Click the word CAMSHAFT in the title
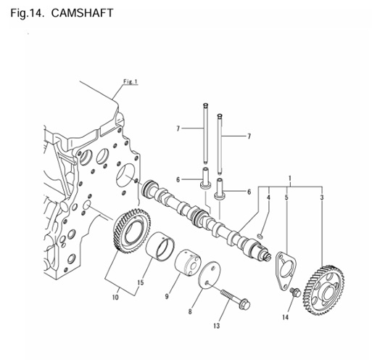click(x=82, y=13)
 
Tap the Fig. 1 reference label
click(x=131, y=81)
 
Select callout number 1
click(x=289, y=178)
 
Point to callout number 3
click(x=322, y=197)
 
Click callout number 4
click(x=268, y=197)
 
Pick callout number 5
click(x=286, y=197)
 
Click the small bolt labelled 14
click(x=295, y=292)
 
